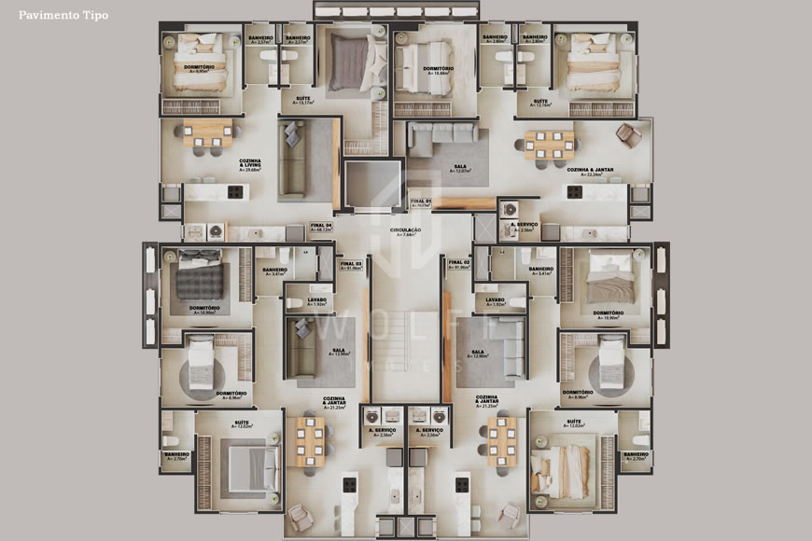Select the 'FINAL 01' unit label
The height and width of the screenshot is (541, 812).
422,201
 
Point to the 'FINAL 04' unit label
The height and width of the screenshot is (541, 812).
321,226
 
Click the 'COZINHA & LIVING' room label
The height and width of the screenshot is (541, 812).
250,164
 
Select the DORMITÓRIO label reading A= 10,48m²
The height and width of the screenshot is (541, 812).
439,71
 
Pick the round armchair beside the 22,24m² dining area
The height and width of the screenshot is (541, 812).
628,135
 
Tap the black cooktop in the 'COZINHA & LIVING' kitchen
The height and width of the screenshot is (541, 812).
234,192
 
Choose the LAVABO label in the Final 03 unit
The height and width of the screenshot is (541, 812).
317,302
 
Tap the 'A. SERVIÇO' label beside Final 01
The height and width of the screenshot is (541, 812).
523,227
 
